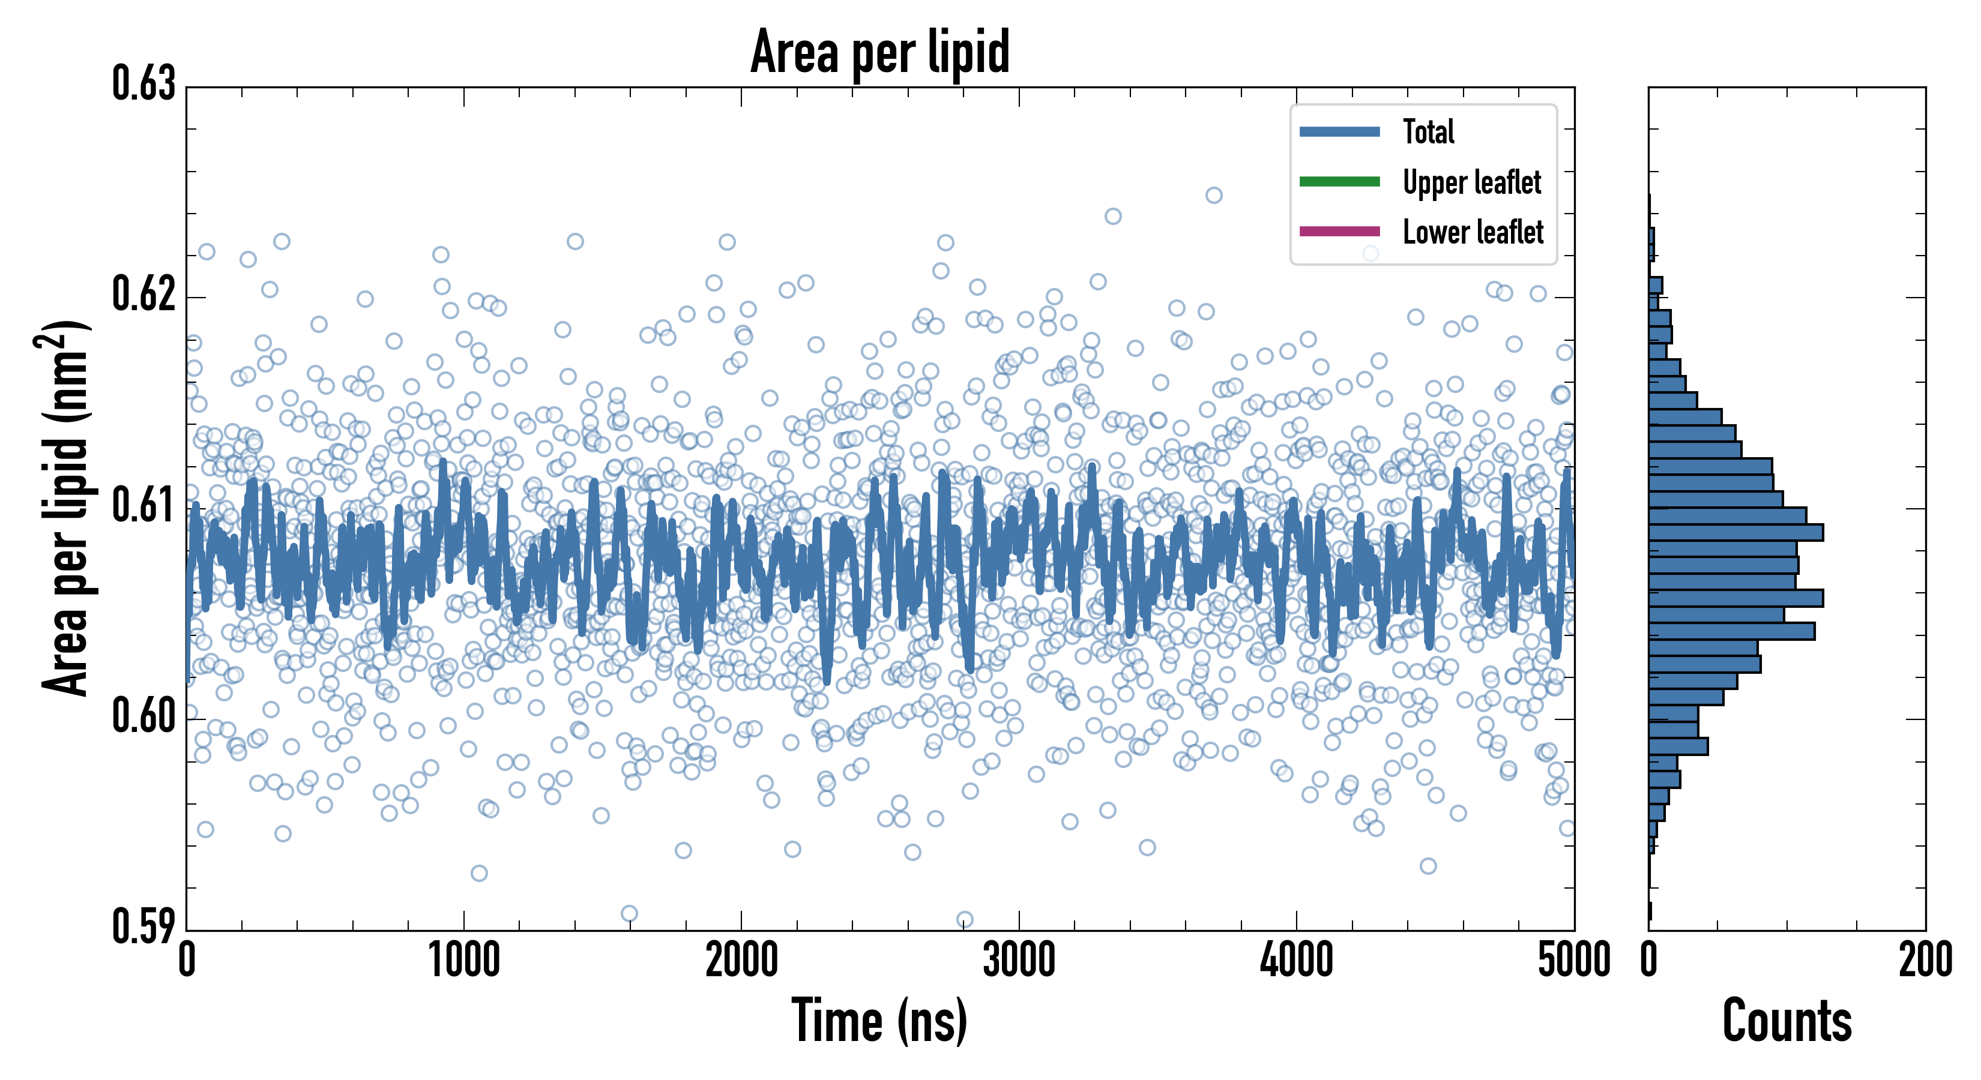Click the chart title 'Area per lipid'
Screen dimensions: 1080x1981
click(880, 52)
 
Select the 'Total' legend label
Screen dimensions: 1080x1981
click(1428, 131)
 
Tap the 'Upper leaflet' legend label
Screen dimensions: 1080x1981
click(1471, 182)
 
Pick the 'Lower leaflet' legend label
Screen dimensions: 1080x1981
click(1473, 232)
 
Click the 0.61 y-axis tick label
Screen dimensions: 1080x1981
click(144, 505)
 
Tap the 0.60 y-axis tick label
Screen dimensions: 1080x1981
click(144, 716)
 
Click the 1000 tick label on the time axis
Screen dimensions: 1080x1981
click(463, 960)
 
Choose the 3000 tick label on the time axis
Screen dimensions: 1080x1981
click(1019, 960)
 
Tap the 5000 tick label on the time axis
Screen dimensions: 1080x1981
click(1573, 960)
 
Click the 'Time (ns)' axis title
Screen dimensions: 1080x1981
click(880, 1021)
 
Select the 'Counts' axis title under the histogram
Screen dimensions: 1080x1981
click(1787, 1021)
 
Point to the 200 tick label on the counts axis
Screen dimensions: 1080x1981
click(1925, 960)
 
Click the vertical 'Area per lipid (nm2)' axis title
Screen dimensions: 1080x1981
click(65, 508)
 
